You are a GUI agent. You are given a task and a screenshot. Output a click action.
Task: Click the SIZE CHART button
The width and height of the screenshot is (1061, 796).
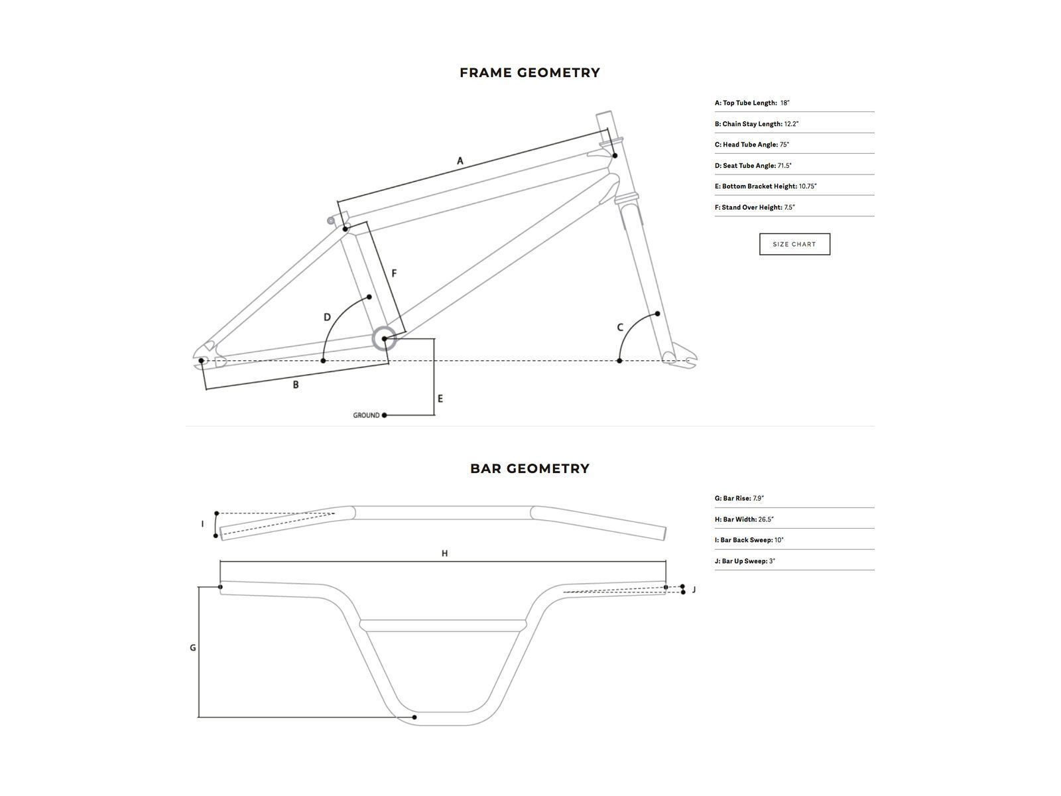click(x=794, y=244)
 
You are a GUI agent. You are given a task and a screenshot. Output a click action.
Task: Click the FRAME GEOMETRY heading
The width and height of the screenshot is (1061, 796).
click(x=530, y=73)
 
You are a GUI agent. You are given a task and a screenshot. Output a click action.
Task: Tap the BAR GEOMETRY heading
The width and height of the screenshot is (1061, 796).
click(x=530, y=468)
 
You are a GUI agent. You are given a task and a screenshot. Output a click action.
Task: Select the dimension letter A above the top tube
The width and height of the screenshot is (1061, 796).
click(x=460, y=161)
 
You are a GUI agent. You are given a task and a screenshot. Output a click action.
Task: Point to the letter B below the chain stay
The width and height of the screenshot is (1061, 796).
click(x=296, y=385)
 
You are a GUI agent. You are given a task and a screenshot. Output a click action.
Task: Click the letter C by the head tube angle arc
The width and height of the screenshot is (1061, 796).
click(x=620, y=328)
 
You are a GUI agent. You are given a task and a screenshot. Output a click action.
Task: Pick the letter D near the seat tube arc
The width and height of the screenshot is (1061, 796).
click(x=327, y=317)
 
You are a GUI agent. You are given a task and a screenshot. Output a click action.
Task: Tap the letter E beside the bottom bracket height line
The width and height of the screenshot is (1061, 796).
click(x=440, y=399)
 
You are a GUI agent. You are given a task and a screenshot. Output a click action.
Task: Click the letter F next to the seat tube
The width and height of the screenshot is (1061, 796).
click(x=394, y=273)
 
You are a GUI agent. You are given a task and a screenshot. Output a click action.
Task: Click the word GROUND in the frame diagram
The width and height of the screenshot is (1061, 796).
click(x=366, y=415)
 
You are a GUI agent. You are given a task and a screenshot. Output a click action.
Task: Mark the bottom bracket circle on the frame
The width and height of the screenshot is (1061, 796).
click(x=384, y=339)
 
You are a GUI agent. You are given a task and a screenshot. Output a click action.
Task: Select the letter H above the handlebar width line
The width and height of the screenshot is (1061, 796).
click(x=444, y=553)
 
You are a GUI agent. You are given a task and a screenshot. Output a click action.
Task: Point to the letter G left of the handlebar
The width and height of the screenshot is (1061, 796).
click(x=193, y=647)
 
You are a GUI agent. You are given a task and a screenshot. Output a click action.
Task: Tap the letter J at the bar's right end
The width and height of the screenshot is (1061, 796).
click(x=694, y=590)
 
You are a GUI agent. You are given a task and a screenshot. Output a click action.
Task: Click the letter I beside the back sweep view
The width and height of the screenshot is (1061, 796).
click(x=202, y=524)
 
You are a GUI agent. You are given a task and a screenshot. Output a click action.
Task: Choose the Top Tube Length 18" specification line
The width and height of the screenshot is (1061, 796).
click(x=752, y=103)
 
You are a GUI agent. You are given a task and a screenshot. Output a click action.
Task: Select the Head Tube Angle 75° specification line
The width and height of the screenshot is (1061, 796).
click(x=752, y=145)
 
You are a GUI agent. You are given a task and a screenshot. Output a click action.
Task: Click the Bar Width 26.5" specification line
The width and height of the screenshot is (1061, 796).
click(x=744, y=519)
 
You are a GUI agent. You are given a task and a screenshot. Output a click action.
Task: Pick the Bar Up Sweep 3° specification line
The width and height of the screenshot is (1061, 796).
click(x=745, y=561)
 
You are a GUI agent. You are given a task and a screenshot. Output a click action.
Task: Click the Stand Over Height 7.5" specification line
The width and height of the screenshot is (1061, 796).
click(x=755, y=208)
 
